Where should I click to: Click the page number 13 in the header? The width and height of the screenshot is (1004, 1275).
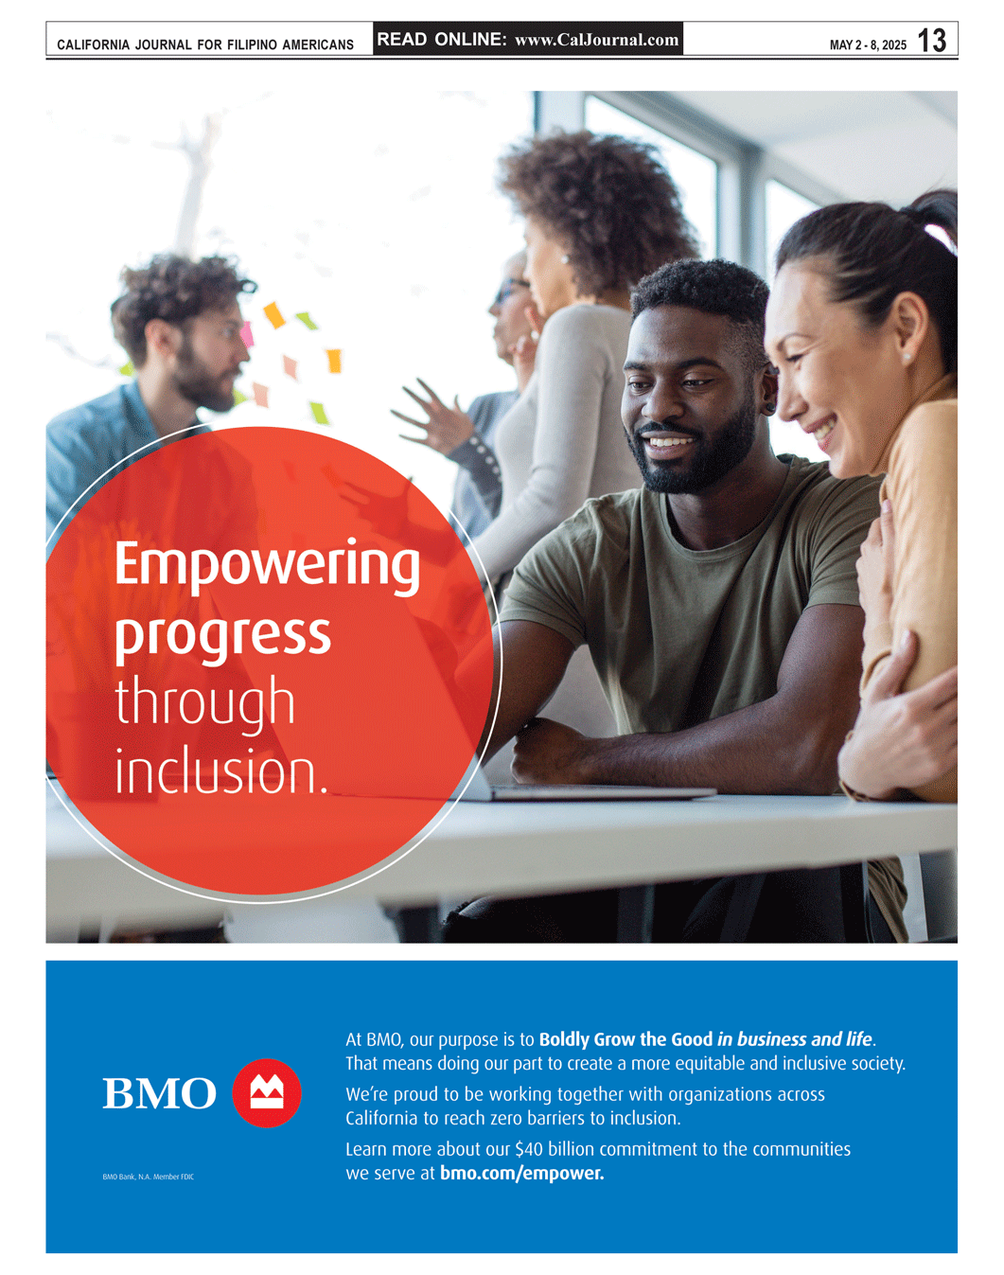coord(931,41)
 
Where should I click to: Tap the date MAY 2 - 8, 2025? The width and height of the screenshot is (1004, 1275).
coord(868,45)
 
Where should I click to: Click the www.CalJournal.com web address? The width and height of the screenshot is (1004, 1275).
coord(596,40)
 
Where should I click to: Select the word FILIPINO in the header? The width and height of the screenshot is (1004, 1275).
coord(252,45)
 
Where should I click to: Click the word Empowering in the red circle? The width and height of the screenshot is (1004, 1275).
coord(267,566)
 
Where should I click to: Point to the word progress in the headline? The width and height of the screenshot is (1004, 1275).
coord(222,638)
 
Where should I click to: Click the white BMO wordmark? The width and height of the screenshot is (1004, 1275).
coord(159,1093)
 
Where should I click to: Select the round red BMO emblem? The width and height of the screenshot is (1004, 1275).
coord(267,1093)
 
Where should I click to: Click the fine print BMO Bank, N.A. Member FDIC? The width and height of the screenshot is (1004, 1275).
coord(148,1177)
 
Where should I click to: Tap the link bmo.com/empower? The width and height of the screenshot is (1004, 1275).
coord(521,1173)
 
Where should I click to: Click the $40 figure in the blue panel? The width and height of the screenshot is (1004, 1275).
coord(528,1149)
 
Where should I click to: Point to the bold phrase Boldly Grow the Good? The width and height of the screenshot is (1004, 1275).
coord(625,1040)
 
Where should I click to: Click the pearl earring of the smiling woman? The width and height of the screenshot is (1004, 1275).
coord(906,358)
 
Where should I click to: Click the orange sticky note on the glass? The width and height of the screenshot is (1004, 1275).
coord(273,315)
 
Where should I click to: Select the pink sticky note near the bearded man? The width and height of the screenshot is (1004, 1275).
coord(246,334)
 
